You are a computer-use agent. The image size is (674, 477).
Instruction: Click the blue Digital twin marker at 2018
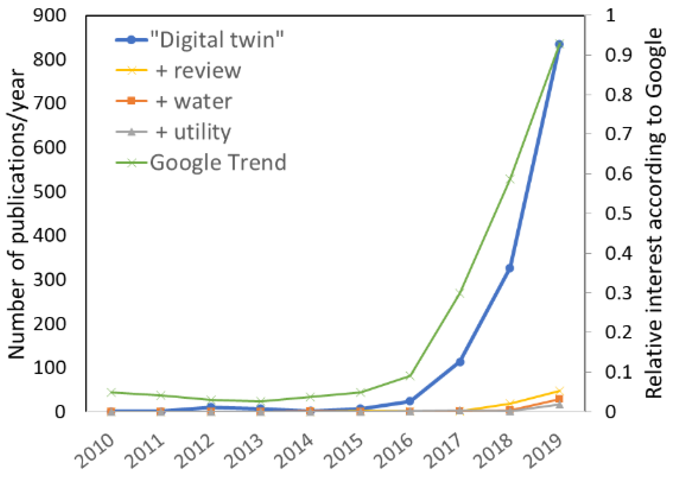tap(509, 268)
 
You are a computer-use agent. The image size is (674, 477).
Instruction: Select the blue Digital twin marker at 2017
tap(460, 362)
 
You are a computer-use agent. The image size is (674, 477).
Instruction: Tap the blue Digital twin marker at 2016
tap(410, 401)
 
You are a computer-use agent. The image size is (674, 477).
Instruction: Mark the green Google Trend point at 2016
tap(410, 376)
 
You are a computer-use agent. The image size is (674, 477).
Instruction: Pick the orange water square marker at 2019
tap(559, 399)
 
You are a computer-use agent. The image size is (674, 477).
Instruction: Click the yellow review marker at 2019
tap(559, 391)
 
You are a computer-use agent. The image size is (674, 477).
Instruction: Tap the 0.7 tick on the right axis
tap(618, 134)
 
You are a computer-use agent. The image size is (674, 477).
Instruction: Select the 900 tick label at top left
tap(50, 15)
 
